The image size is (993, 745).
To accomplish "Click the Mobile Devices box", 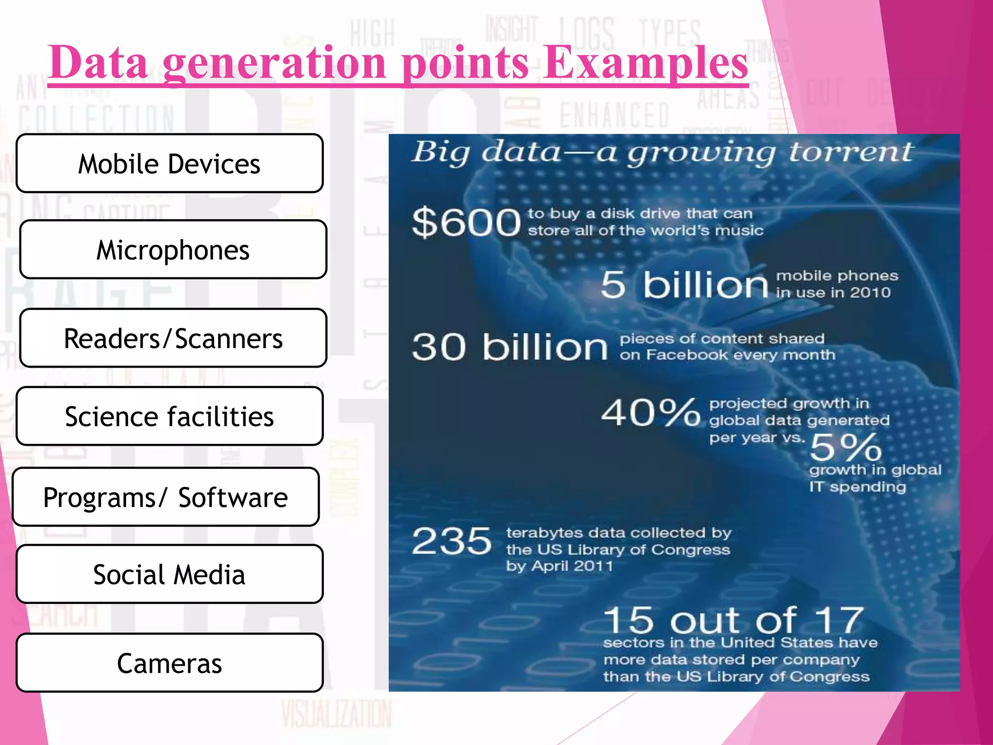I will tap(169, 163).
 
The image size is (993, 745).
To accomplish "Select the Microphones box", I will tap(173, 249).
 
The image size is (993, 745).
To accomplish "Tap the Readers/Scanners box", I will tap(173, 338).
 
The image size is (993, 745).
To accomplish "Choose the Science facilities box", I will tap(169, 416).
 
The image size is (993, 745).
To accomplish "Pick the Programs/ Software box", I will tap(165, 497).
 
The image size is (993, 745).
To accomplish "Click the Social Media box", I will tap(169, 574).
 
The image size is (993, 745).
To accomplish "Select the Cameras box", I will tap(169, 663).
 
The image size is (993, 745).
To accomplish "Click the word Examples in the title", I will tap(645, 63).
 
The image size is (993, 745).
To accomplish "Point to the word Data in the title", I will tap(98, 63).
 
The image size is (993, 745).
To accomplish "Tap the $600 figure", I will tap(466, 222).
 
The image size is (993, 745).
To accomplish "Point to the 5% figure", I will tap(846, 447).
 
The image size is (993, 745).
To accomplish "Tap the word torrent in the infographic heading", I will tap(851, 152).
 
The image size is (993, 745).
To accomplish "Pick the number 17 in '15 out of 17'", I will tap(839, 620).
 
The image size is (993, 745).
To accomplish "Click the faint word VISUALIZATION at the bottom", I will tap(336, 714).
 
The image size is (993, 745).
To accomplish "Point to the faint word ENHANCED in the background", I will tap(615, 115).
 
